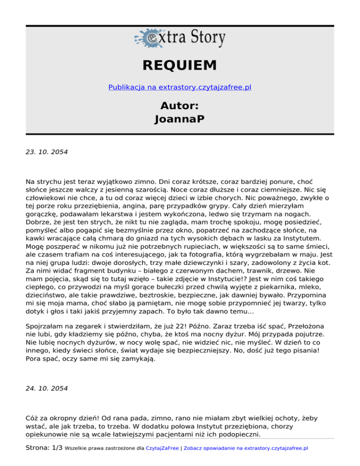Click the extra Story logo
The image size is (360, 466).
pos(180,38)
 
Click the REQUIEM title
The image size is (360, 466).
pos(180,65)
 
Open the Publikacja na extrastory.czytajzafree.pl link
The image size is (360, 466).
pos(180,87)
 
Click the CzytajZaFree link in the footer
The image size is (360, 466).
pos(163,448)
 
